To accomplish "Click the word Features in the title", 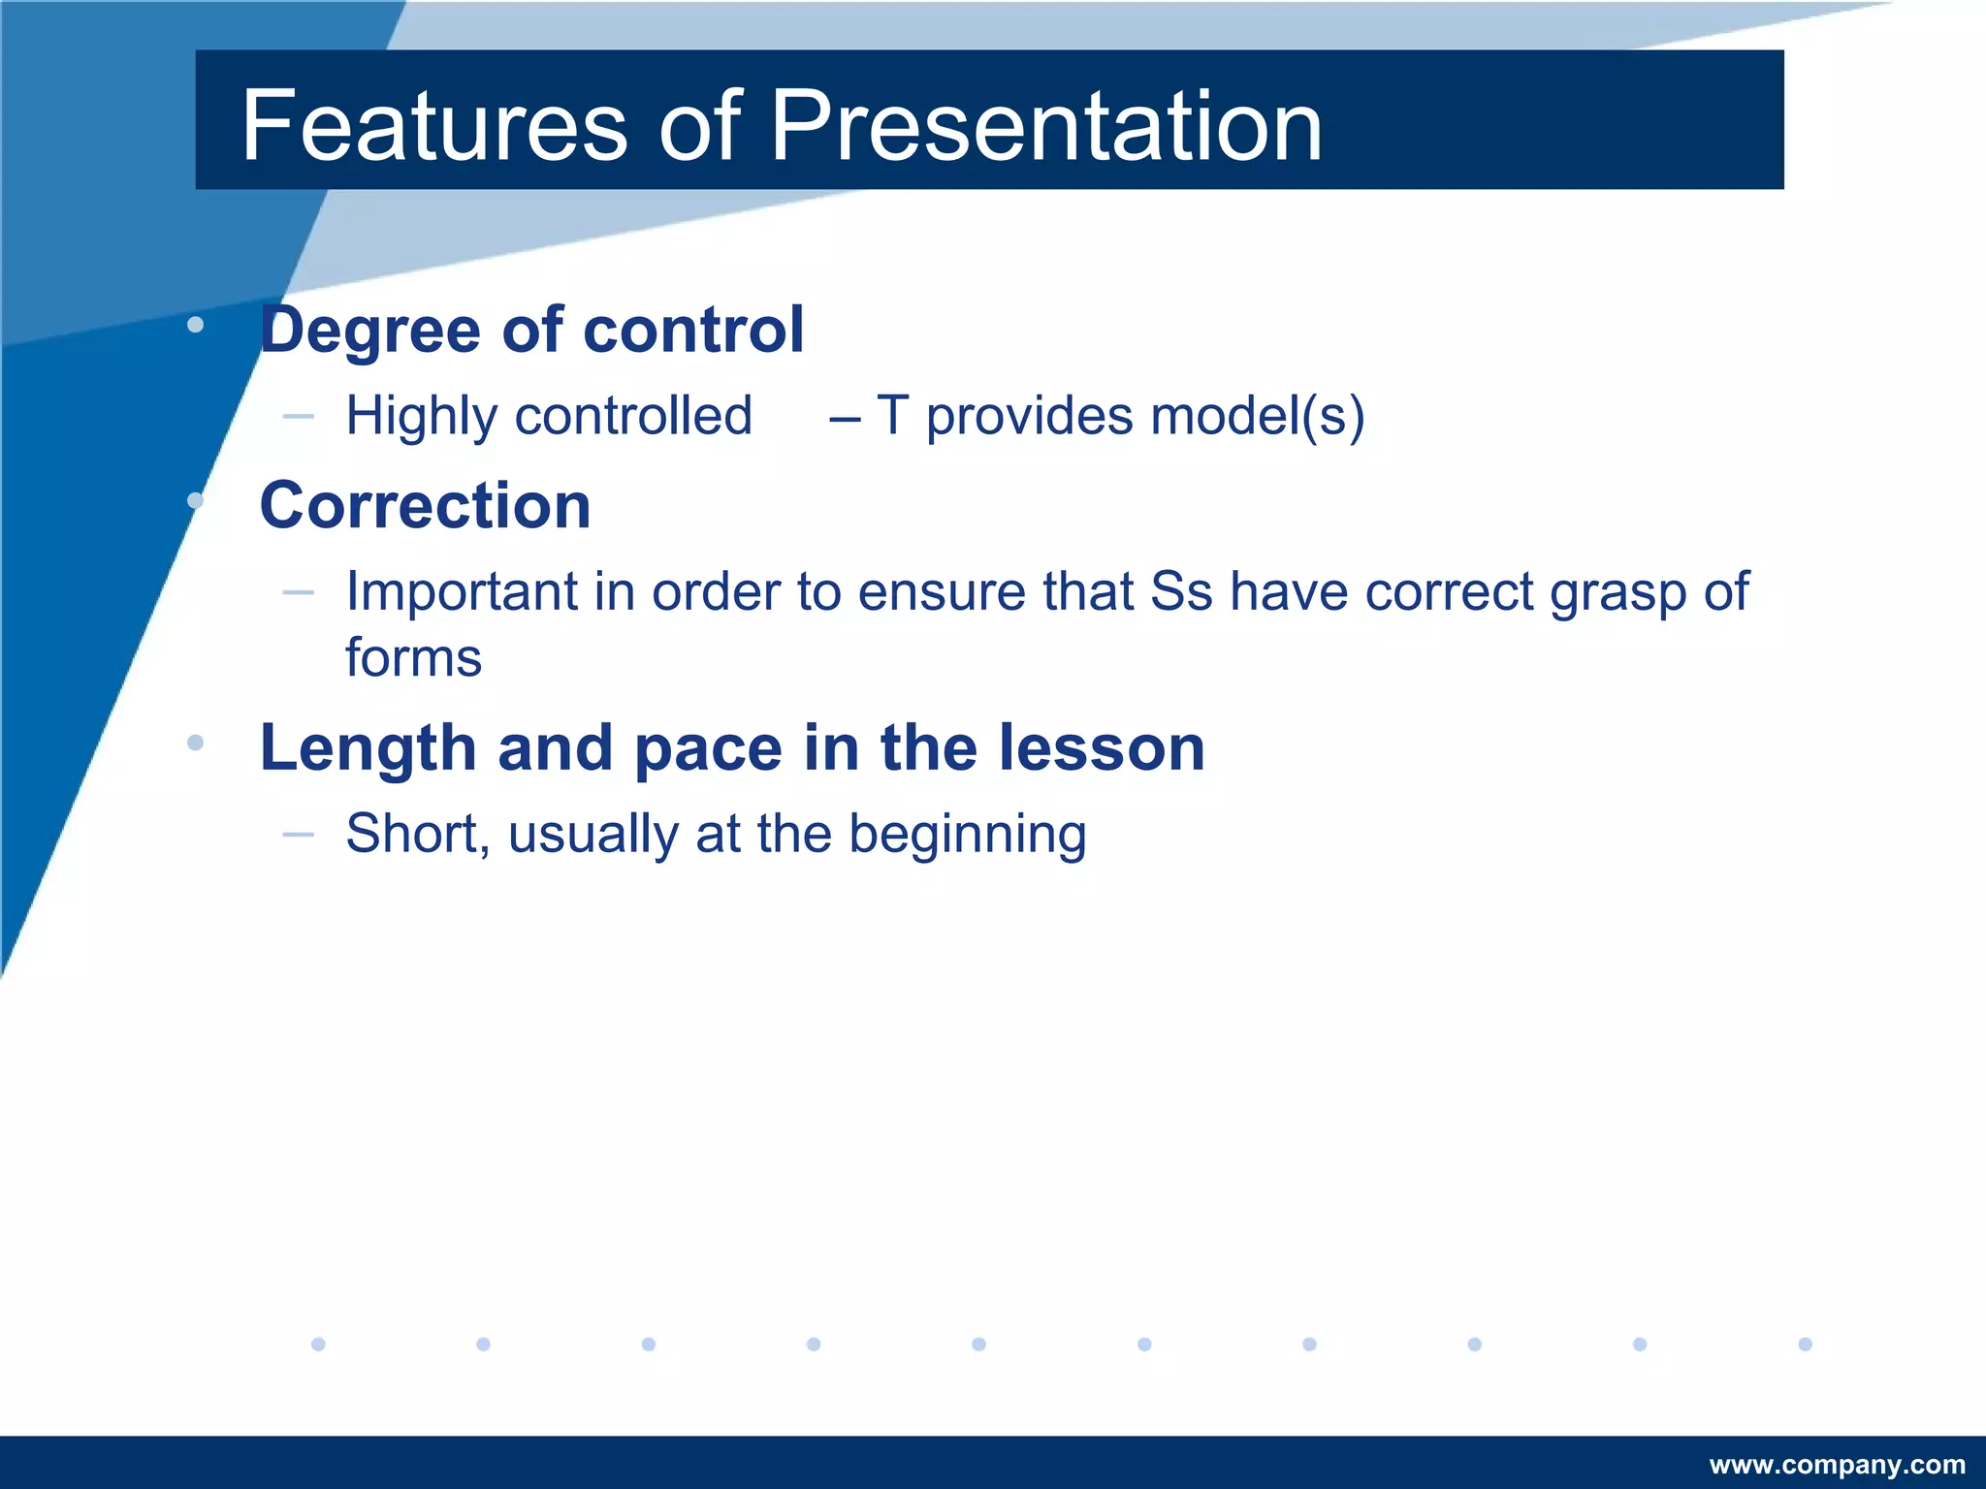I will coord(434,126).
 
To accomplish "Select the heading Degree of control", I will coord(531,330).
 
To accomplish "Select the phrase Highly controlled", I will coord(549,416).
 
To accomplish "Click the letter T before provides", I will coord(892,416).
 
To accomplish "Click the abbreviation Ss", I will coord(1181,591).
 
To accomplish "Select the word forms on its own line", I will coord(413,658).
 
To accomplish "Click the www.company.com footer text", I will coord(1837,1465).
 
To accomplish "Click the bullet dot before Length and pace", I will coord(195,743).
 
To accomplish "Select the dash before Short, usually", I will coord(298,834).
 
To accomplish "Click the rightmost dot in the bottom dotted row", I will coord(1805,1344).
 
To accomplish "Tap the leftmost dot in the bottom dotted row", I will coord(318,1344).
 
